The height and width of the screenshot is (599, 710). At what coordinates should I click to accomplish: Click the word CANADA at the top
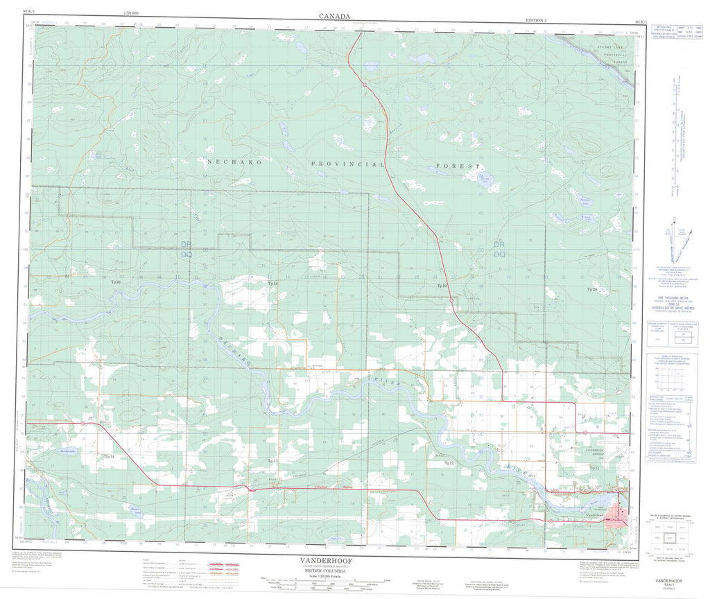(334, 15)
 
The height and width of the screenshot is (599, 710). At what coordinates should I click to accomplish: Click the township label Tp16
(115, 283)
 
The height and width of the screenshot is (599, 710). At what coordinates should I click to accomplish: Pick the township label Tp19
(442, 286)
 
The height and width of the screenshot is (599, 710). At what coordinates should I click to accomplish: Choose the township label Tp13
(272, 460)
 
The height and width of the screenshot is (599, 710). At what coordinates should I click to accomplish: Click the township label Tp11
(594, 469)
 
